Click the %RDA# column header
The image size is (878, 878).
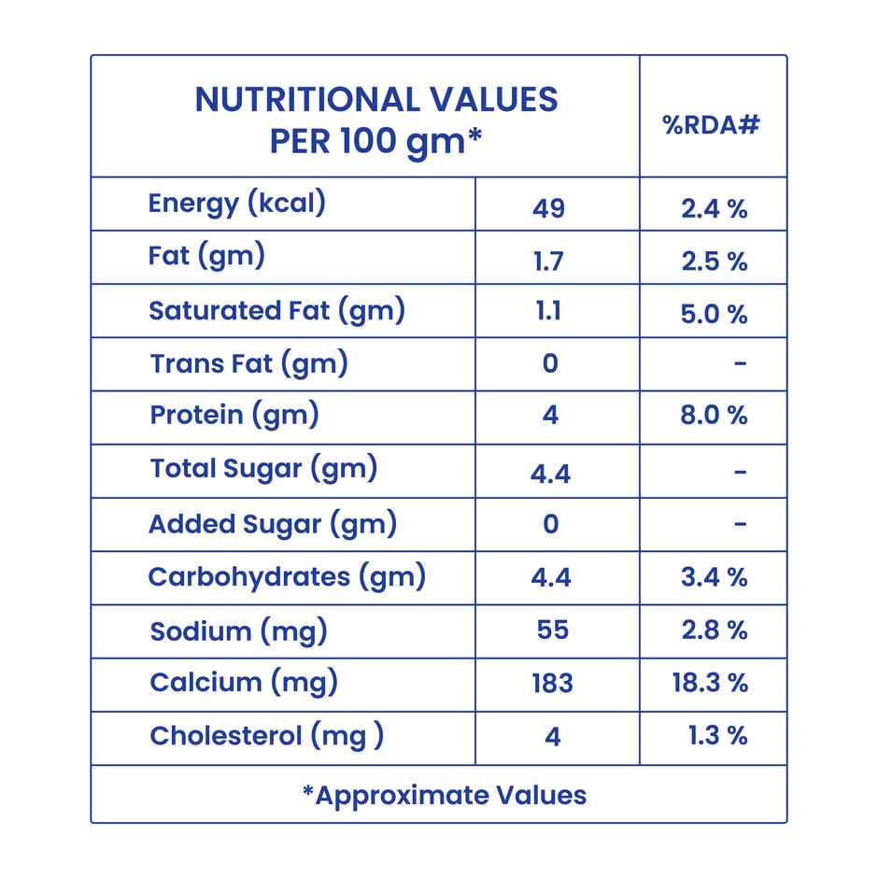click(x=711, y=125)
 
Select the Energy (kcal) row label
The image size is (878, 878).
click(x=236, y=204)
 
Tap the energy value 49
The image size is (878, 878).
click(x=549, y=207)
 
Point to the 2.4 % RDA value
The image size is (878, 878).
click(x=715, y=209)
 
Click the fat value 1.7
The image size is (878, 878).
click(x=549, y=262)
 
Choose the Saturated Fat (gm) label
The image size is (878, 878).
click(x=276, y=311)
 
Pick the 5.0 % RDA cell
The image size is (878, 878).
click(x=715, y=315)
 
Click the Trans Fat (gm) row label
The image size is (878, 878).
click(x=248, y=363)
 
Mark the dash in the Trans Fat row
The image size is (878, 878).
click(x=741, y=362)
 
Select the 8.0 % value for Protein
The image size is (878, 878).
click(x=715, y=415)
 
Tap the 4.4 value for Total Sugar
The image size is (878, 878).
click(x=550, y=474)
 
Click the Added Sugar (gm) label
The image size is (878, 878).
click(x=273, y=524)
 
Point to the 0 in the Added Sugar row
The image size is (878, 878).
click(x=550, y=524)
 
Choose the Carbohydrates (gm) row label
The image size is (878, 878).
click(x=287, y=576)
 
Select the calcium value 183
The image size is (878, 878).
click(x=552, y=683)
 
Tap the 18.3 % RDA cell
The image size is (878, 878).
click(x=710, y=683)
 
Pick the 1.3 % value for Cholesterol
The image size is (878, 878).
click(x=717, y=736)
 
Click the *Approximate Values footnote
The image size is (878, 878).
click(x=445, y=795)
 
